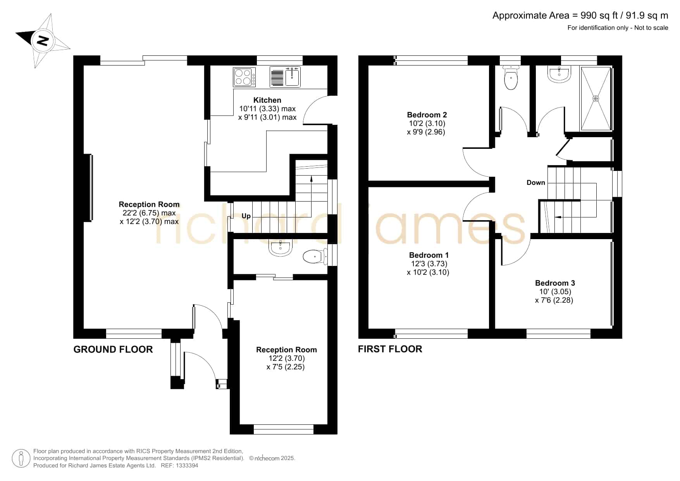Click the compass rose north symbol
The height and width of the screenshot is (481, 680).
click(43, 41)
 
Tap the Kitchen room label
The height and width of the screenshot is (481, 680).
click(267, 100)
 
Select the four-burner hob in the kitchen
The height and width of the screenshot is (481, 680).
click(244, 77)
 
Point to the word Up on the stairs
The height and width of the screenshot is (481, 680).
click(246, 216)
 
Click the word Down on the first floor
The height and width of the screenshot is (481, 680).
click(536, 183)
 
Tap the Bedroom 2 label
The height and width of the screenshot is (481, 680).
click(427, 115)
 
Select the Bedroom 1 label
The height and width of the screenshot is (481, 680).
click(429, 255)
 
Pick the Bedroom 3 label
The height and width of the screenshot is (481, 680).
click(555, 283)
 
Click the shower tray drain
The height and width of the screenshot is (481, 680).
click(596, 98)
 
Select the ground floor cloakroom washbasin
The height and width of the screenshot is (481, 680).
click(281, 248)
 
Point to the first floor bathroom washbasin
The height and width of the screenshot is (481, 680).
click(559, 74)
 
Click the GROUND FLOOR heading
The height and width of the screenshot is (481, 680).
click(113, 350)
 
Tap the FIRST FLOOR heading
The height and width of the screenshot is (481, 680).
click(390, 349)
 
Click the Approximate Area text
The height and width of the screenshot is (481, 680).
click(580, 16)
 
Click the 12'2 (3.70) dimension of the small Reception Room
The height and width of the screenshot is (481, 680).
click(286, 359)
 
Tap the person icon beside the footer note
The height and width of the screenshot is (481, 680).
click(21, 459)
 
